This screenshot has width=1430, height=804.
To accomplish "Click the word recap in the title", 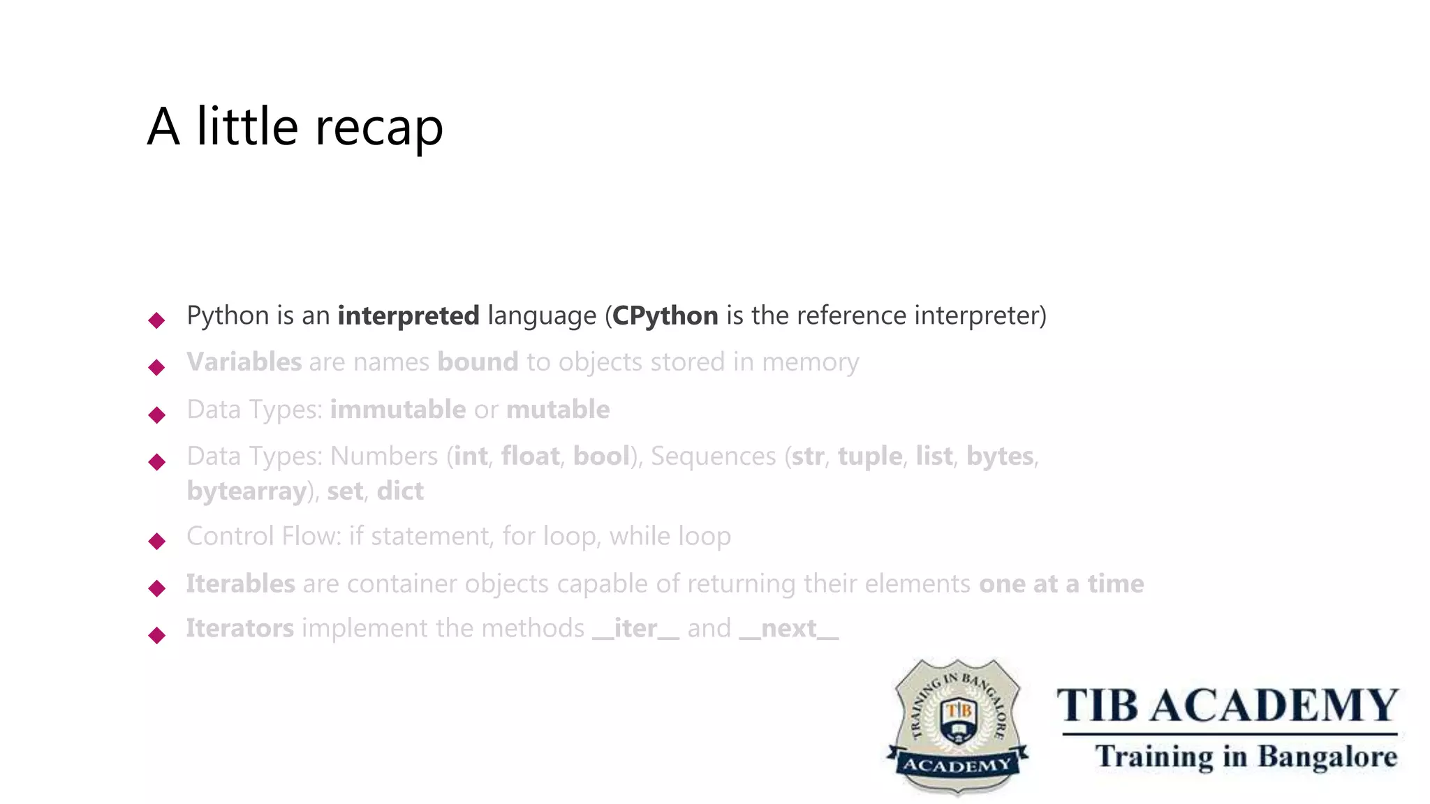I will tap(379, 128).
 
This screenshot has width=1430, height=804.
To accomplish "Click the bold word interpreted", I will tap(408, 316).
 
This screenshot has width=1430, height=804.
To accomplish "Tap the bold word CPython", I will tap(665, 316).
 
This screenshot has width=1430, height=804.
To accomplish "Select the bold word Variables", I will tap(244, 362).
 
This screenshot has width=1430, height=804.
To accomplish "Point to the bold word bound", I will tap(478, 362).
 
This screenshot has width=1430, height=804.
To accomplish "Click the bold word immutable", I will tap(397, 410).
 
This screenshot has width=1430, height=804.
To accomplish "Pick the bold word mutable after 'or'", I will tap(557, 410).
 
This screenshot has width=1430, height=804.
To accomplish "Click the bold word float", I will tap(530, 456).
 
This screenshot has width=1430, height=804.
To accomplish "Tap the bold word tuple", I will tap(869, 456).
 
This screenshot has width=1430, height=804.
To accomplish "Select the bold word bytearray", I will tap(246, 491).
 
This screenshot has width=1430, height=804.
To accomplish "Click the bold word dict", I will tap(399, 491).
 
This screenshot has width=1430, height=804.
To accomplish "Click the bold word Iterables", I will tap(240, 584).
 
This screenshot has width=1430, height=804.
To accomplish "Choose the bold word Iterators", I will tap(239, 629).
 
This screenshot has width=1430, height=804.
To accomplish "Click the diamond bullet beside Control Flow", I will tap(157, 541).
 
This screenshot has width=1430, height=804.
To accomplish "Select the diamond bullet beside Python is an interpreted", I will tap(157, 320).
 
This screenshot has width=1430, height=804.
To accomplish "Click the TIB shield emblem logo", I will tap(957, 726).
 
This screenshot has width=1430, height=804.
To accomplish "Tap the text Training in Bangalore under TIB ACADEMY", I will tap(1246, 757).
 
